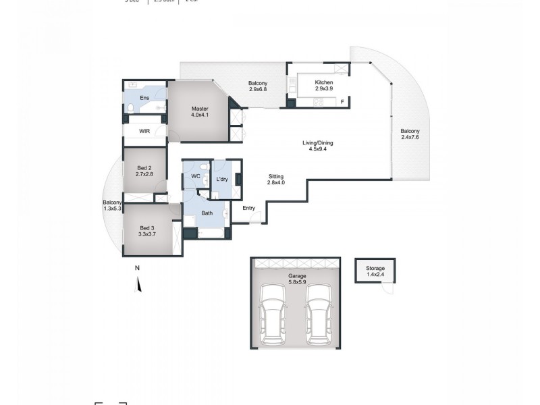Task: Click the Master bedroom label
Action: tap(199, 112)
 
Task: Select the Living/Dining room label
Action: tap(317, 146)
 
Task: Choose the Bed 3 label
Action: tap(147, 231)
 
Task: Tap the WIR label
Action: tap(144, 131)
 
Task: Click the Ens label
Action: tap(144, 98)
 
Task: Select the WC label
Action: tap(196, 176)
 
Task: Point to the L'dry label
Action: tap(221, 179)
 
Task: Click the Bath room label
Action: tap(207, 213)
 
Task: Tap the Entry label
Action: tap(248, 208)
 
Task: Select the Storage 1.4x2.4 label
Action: tap(375, 272)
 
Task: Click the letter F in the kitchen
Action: tap(342, 102)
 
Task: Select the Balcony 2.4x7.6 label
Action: tap(410, 134)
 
